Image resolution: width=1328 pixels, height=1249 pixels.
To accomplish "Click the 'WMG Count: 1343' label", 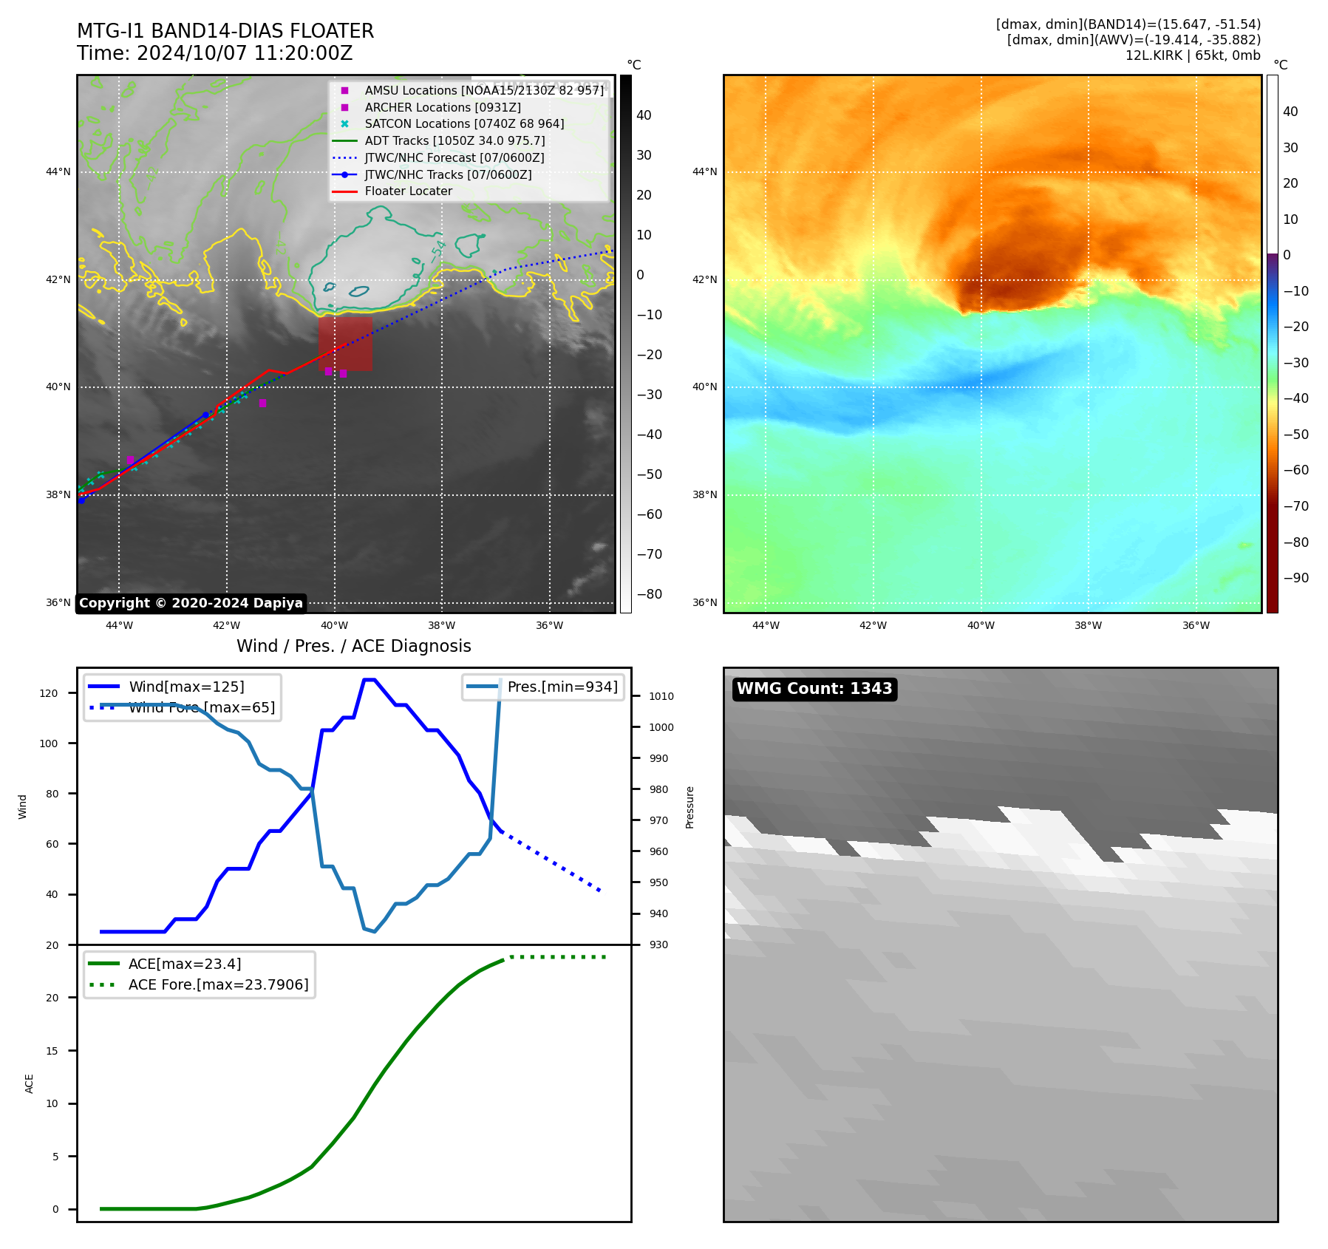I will coord(814,689).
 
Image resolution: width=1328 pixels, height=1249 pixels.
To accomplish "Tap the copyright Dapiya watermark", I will coord(191,603).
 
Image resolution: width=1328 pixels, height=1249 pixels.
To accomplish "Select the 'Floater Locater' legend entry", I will coord(408,191).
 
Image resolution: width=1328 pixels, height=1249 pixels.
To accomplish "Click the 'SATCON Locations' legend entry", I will coord(464,124).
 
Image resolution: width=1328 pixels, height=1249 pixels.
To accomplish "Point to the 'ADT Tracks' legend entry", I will coord(454,141).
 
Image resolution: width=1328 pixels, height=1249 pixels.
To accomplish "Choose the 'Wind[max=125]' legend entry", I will coord(186,687).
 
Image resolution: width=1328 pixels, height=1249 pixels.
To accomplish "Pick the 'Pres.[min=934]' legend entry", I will coord(562,687).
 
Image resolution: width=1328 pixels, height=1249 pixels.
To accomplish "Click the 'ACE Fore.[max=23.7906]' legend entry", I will coord(218,984).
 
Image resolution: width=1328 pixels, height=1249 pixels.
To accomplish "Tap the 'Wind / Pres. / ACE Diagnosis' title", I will coord(353,646).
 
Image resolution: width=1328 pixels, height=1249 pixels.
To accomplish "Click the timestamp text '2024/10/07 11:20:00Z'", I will coord(245,53).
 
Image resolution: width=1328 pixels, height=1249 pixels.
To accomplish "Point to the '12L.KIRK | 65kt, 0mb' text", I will coord(1193,55).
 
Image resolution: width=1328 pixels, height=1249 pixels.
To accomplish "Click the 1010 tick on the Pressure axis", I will coord(661,696).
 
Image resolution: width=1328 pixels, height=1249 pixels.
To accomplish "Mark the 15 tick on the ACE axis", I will coord(52,1051).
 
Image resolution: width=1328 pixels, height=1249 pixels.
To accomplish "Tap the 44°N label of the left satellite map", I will coord(58,172).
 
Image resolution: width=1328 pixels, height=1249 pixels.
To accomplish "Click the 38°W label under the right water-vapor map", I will coord(1088,625).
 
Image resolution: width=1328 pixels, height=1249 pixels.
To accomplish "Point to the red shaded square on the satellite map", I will coord(345,344).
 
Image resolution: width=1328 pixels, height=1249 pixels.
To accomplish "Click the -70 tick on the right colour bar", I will coord(1295,506).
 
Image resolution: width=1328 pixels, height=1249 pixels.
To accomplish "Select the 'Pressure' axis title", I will coord(689,807).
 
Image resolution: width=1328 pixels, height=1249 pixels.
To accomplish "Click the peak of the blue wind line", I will coord(369,679).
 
